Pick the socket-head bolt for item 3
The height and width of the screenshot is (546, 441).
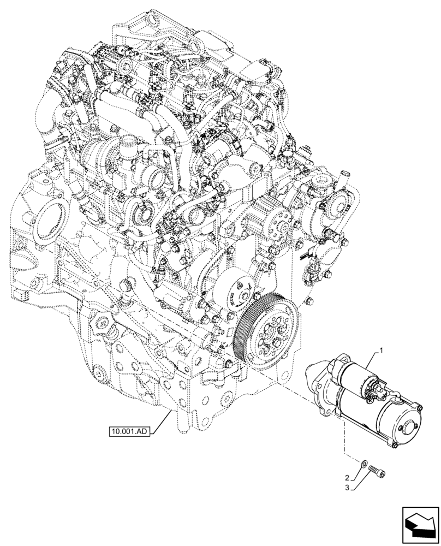tap(377, 469)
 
